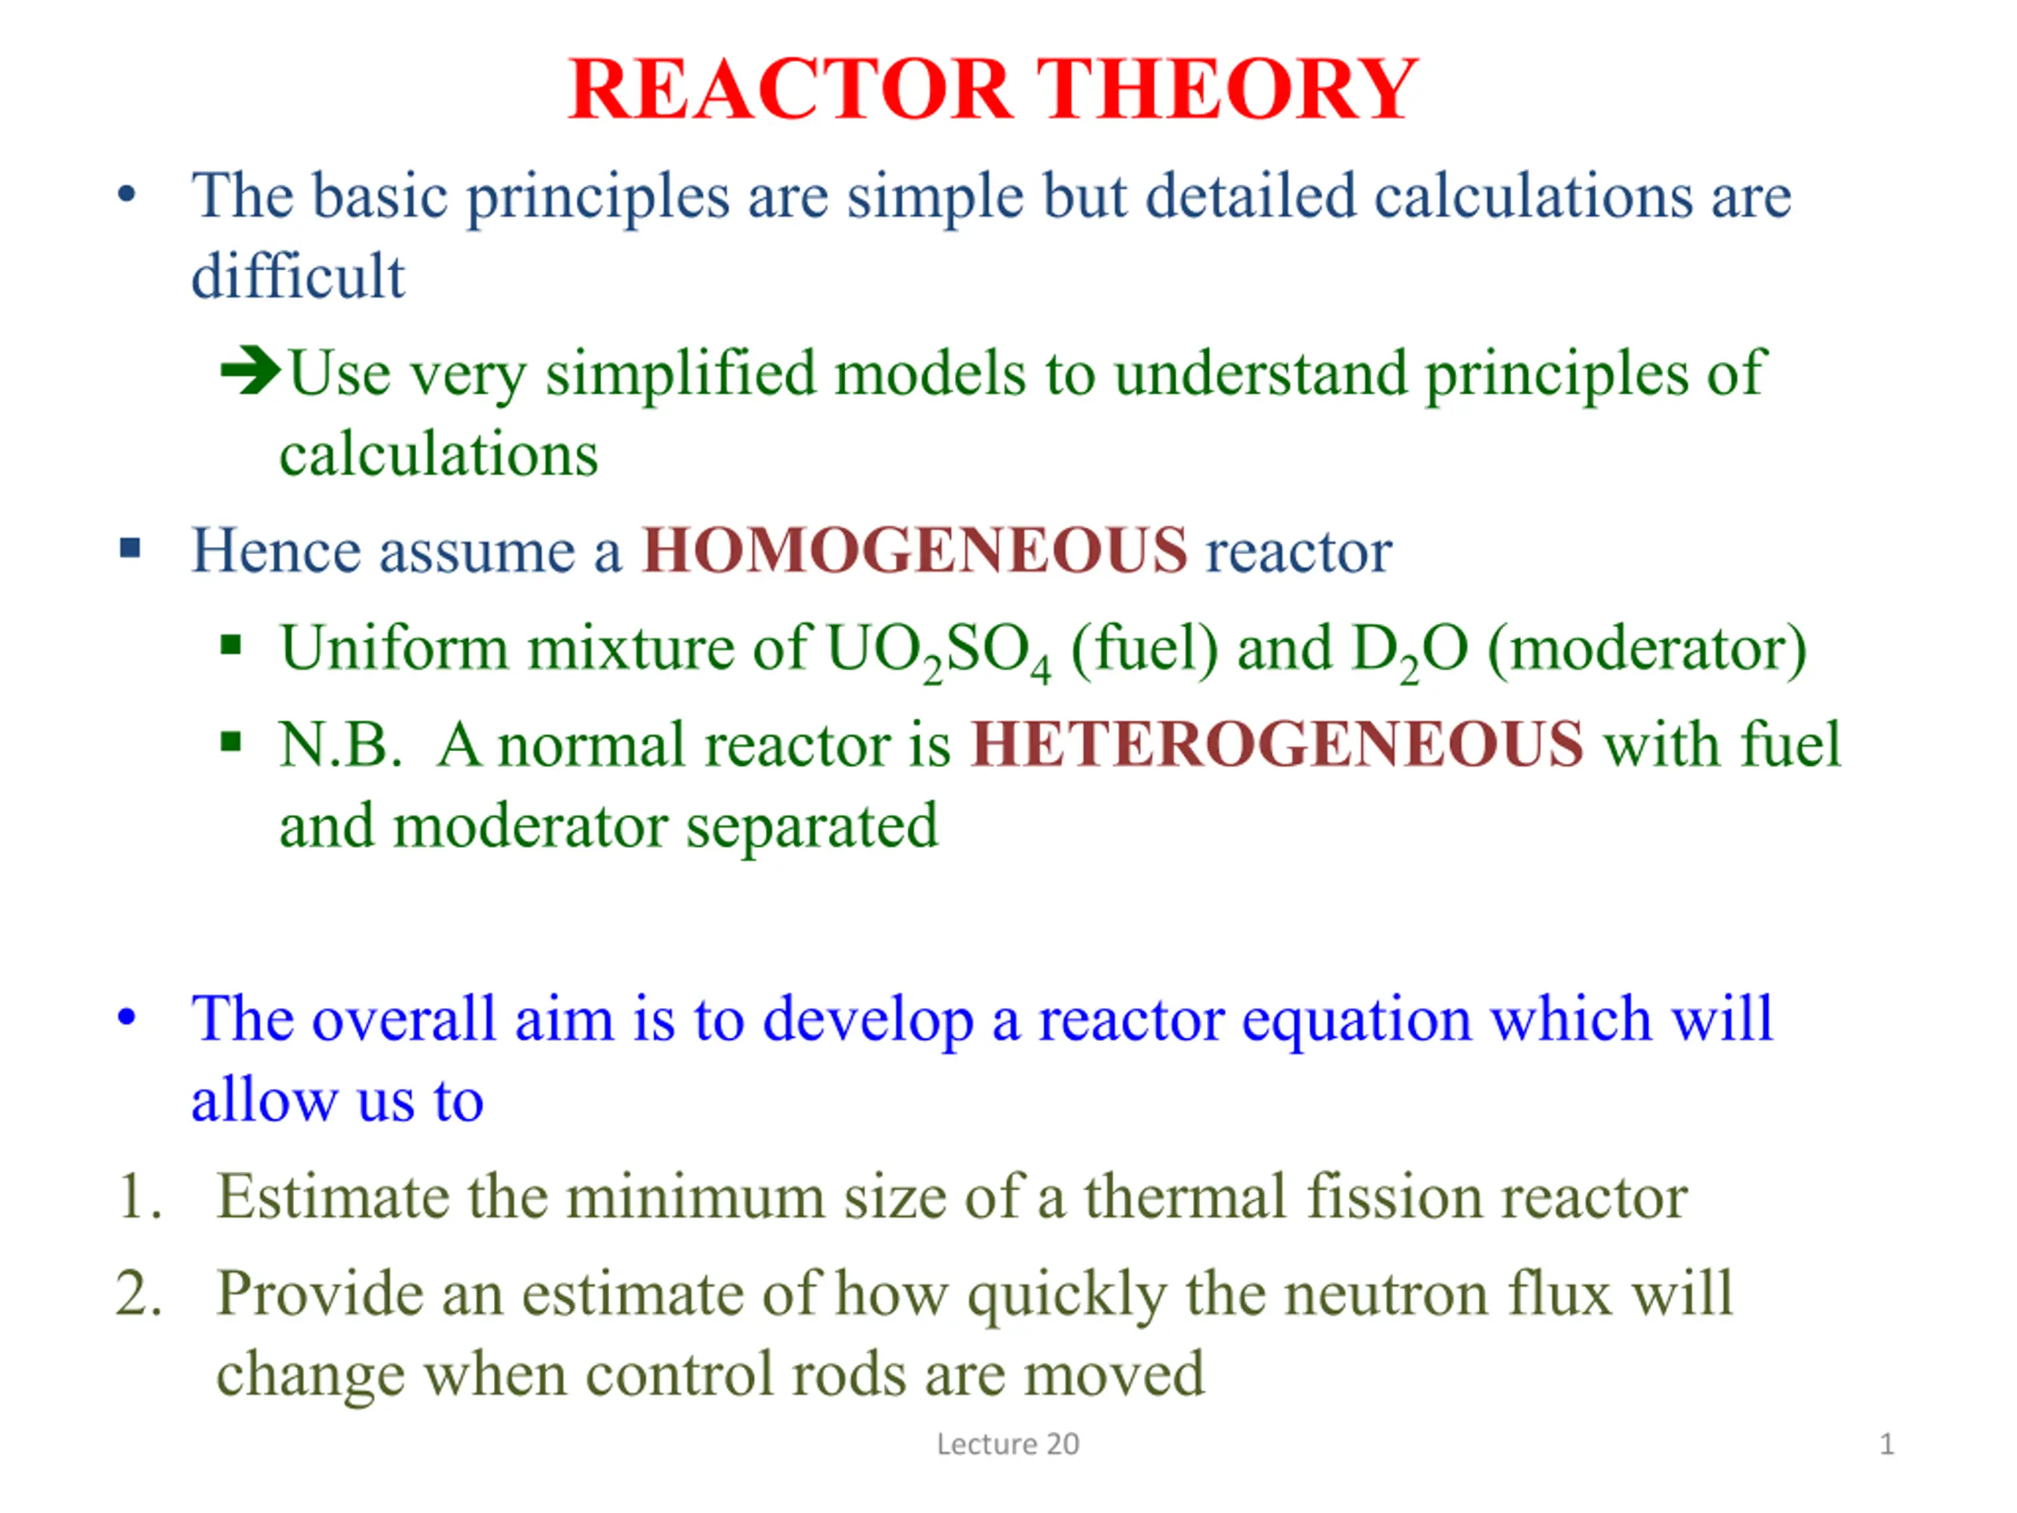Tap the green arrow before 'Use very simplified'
coord(251,371)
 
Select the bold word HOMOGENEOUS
coord(915,551)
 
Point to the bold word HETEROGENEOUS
coord(1277,744)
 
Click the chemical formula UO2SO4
coord(938,651)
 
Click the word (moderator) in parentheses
coord(1647,650)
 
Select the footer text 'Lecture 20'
coord(1008,1444)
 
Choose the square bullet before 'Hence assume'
coord(130,548)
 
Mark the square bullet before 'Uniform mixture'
coord(231,645)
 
